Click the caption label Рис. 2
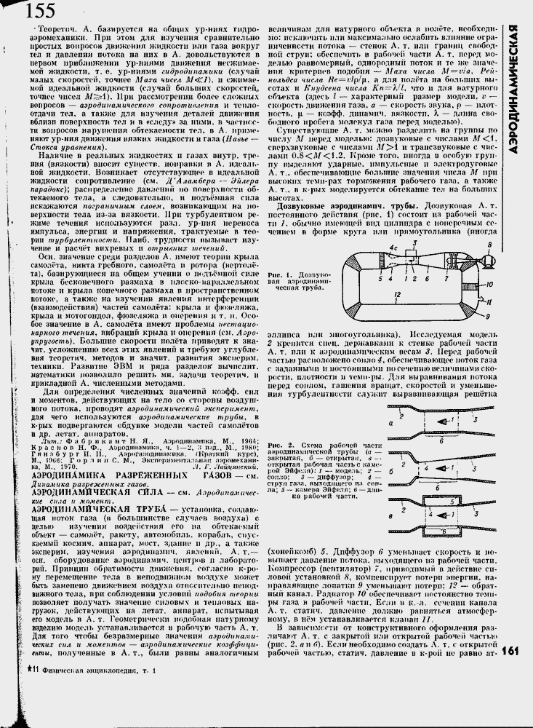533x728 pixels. click(278, 444)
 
